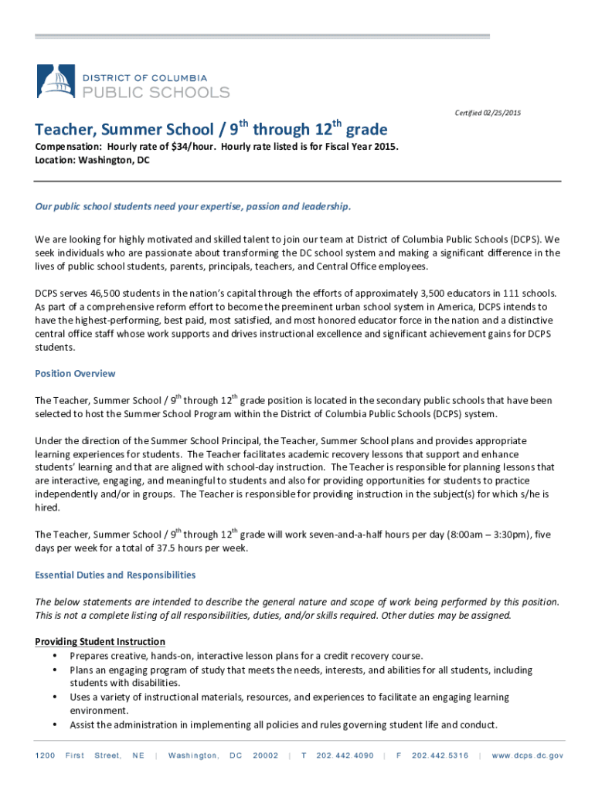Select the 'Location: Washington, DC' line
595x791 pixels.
tap(92, 160)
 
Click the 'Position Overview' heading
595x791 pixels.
tap(75, 374)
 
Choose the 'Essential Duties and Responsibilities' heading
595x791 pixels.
tap(115, 575)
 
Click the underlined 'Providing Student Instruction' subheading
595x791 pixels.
tap(100, 642)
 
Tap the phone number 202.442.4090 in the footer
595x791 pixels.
tap(345, 755)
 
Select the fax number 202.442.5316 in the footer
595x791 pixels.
tap(440, 755)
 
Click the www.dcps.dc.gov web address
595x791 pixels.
tap(527, 755)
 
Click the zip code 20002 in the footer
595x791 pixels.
tap(265, 755)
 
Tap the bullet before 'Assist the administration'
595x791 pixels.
tap(54, 725)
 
